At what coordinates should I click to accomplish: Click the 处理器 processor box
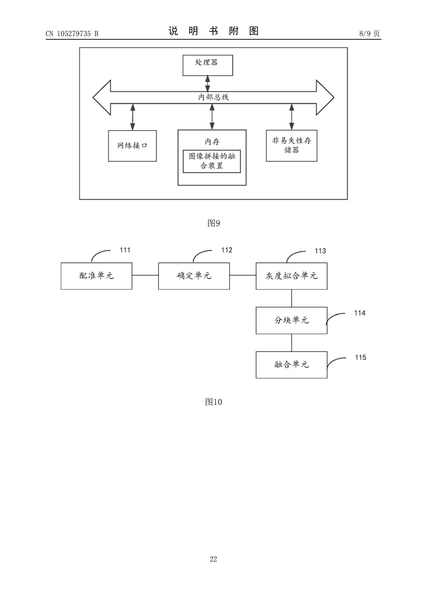[208, 65]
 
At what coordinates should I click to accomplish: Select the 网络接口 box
[132, 146]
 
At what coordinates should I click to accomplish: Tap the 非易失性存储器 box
[291, 145]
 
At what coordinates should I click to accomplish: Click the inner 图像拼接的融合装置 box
[212, 161]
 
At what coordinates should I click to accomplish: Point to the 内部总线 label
[213, 97]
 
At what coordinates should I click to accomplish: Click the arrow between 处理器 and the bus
[208, 84]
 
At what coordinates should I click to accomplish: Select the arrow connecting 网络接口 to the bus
[133, 117]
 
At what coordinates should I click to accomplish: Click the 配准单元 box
[97, 276]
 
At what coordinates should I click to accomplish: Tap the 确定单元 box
[194, 276]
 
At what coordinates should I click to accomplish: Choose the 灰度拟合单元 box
[291, 276]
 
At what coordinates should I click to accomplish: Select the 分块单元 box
[291, 320]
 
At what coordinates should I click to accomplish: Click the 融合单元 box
[291, 365]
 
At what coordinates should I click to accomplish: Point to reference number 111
[125, 250]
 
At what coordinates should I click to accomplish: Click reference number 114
[360, 313]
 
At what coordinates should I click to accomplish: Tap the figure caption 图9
[213, 223]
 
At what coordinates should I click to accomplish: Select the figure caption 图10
[213, 402]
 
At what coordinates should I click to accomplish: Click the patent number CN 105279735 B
[72, 34]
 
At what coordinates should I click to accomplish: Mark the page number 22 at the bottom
[213, 559]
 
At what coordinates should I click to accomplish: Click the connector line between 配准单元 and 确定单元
[145, 275]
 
